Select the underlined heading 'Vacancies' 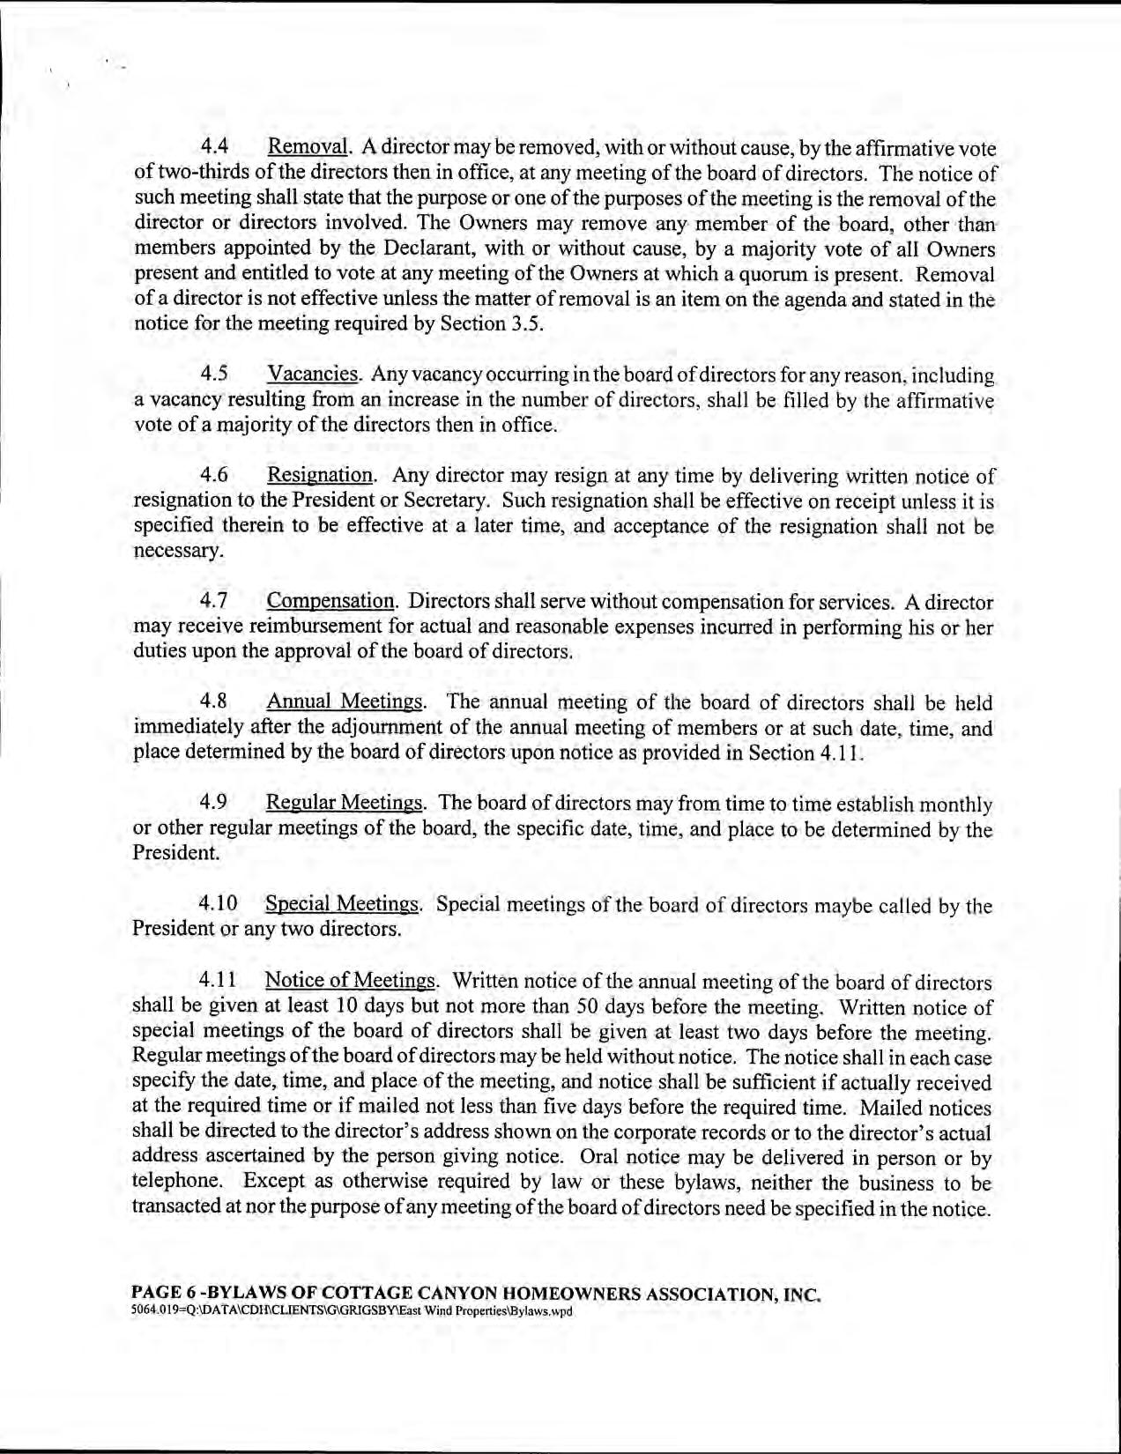pos(313,375)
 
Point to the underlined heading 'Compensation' pos(330,602)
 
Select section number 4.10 pos(218,904)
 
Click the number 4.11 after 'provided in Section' pos(836,753)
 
